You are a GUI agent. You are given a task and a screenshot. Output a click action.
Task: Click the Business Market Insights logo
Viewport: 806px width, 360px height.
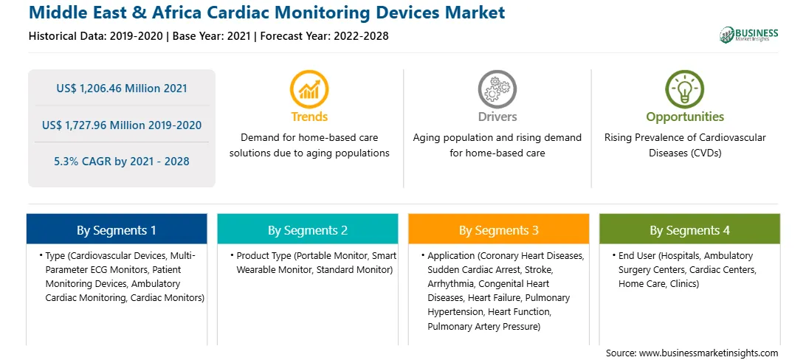click(749, 35)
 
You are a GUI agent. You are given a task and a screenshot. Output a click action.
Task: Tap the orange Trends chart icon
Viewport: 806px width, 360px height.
click(309, 89)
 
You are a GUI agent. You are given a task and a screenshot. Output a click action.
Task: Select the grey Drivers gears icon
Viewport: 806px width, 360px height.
click(497, 89)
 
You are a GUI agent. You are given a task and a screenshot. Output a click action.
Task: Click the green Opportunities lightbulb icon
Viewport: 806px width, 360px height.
click(685, 89)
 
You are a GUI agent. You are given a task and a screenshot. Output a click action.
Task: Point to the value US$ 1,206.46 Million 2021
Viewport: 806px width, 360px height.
click(122, 89)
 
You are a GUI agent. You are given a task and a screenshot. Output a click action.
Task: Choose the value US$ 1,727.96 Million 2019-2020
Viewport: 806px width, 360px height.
click(122, 125)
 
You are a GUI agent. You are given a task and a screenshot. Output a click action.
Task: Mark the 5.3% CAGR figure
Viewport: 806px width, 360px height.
click(122, 162)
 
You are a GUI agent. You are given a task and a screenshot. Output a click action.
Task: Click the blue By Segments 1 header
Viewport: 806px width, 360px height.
click(117, 229)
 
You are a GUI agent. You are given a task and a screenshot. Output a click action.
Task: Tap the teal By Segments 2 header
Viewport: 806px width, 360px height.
click(307, 229)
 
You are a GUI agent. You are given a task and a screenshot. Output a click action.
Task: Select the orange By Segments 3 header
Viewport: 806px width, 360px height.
click(499, 229)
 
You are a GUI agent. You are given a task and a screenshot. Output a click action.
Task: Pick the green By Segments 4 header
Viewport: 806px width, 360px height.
click(690, 229)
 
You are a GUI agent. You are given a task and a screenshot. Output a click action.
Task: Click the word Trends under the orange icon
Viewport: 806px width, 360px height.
click(309, 117)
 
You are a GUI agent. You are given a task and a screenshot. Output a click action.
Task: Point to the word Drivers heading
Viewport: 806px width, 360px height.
click(497, 117)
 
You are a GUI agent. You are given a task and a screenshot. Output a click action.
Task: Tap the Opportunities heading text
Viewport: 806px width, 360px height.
click(685, 117)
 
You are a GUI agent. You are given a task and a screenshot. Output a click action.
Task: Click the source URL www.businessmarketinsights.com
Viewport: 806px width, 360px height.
click(709, 353)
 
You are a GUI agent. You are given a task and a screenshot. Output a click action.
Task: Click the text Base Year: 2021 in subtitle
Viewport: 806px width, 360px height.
click(212, 36)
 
